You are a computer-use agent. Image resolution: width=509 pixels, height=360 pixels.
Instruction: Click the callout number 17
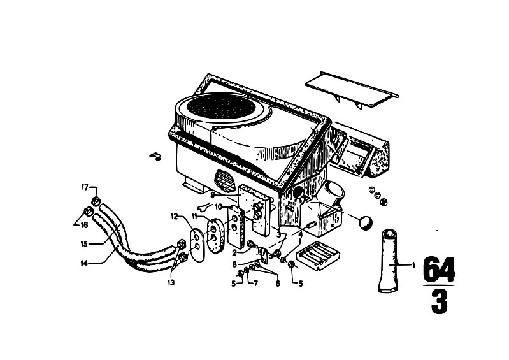(84, 187)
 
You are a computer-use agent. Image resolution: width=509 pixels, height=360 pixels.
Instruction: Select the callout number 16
(84, 225)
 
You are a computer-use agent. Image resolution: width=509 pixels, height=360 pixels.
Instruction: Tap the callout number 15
(83, 244)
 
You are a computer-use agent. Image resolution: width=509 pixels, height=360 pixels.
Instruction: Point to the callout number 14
(84, 263)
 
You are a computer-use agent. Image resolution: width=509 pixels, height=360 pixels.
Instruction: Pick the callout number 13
(171, 283)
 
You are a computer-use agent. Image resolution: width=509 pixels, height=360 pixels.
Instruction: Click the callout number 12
(175, 216)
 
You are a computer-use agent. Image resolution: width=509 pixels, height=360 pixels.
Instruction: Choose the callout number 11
(195, 216)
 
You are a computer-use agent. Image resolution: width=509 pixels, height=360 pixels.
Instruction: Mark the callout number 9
(212, 195)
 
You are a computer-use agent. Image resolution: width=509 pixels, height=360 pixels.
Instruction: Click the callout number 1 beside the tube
(413, 266)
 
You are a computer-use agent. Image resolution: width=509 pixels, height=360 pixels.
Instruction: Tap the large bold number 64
(439, 270)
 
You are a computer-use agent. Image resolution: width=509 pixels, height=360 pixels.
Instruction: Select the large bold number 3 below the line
(439, 302)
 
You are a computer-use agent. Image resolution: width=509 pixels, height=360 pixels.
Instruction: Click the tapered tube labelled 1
(389, 261)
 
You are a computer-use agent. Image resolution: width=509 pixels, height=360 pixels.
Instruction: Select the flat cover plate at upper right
(351, 89)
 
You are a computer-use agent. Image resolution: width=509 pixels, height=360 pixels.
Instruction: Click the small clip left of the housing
(155, 156)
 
